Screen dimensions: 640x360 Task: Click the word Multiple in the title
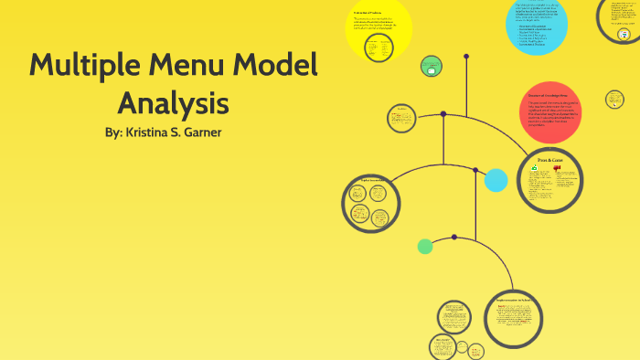[x=84, y=66]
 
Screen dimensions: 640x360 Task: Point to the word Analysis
[x=173, y=102]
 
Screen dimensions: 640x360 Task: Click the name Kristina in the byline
[x=152, y=132]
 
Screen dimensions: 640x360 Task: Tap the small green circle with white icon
[x=432, y=66]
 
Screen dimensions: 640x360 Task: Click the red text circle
[x=549, y=111]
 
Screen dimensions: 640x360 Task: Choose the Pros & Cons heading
[x=549, y=161]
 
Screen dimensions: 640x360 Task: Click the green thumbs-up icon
[x=536, y=169]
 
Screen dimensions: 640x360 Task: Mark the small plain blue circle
[x=496, y=180]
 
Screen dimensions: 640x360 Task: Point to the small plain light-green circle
[x=425, y=246]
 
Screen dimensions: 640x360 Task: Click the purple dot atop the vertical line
[x=466, y=57]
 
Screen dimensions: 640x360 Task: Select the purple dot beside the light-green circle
[x=454, y=238]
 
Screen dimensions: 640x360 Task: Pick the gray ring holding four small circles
[x=371, y=203]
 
